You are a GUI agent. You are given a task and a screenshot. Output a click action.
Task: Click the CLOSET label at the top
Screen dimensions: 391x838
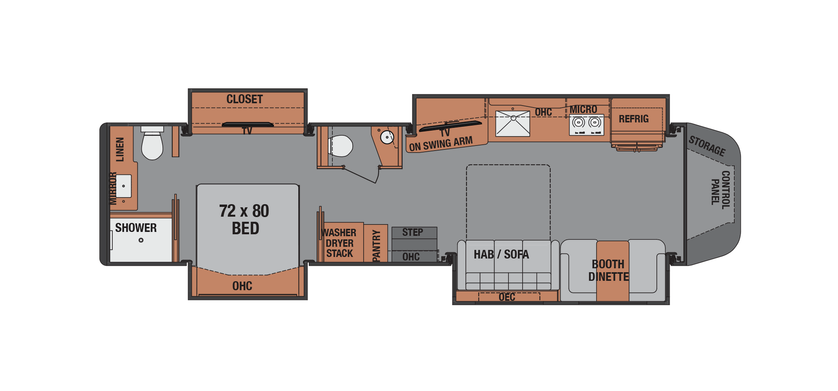(245, 99)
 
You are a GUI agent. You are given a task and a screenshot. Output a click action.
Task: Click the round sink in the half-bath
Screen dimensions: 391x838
(387, 136)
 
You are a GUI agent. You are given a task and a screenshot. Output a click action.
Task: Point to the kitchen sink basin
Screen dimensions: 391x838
(513, 123)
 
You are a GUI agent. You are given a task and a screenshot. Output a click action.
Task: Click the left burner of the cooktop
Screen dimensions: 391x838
(579, 122)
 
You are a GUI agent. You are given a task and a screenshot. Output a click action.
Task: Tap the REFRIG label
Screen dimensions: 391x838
(634, 119)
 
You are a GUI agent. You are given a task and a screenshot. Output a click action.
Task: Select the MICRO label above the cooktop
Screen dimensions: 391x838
(583, 109)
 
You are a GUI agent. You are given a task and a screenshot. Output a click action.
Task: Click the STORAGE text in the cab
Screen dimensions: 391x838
(707, 146)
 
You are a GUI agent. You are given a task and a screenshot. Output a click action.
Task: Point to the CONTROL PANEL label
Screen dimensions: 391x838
(721, 189)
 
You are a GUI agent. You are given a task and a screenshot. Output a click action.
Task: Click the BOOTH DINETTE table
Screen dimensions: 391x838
(613, 270)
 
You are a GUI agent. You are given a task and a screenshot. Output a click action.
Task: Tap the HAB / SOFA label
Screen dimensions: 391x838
(501, 254)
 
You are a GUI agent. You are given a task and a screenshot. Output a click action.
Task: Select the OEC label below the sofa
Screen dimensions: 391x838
(507, 297)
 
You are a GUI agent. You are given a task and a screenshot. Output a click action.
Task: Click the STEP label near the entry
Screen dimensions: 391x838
(413, 232)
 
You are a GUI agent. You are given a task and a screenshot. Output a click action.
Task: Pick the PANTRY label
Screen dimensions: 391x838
(376, 246)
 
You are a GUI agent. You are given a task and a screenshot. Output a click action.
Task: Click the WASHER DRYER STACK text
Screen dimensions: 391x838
(339, 243)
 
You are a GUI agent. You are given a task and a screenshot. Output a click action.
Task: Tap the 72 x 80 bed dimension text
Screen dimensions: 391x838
(244, 211)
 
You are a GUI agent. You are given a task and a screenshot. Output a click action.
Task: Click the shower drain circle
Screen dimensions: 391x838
(141, 240)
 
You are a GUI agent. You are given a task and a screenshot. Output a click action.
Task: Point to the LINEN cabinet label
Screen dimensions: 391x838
(120, 149)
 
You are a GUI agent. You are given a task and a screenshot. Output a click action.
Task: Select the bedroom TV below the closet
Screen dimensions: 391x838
(247, 125)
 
